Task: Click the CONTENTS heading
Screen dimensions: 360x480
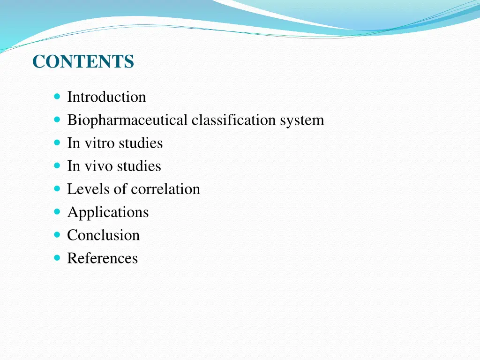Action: pos(83,62)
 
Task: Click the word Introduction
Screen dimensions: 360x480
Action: pos(106,97)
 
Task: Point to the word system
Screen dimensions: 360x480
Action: pos(302,120)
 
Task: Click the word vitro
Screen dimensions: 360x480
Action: pos(98,143)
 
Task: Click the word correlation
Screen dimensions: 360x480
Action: pos(165,189)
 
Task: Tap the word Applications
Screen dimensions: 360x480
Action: pos(108,212)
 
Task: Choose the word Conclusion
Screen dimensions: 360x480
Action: pos(103,235)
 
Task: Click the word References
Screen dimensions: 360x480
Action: pos(102,258)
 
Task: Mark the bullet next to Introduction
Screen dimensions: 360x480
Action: pos(57,97)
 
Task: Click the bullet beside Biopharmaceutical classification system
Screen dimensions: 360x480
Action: pos(57,120)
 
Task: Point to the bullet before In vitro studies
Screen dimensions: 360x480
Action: pos(57,143)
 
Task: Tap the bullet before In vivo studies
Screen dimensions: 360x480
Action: pos(57,166)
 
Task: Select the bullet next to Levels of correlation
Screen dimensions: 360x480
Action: pos(57,189)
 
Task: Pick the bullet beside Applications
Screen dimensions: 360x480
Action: pos(57,212)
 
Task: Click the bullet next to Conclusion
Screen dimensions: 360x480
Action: pos(57,235)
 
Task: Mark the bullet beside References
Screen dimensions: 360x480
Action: pos(57,258)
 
